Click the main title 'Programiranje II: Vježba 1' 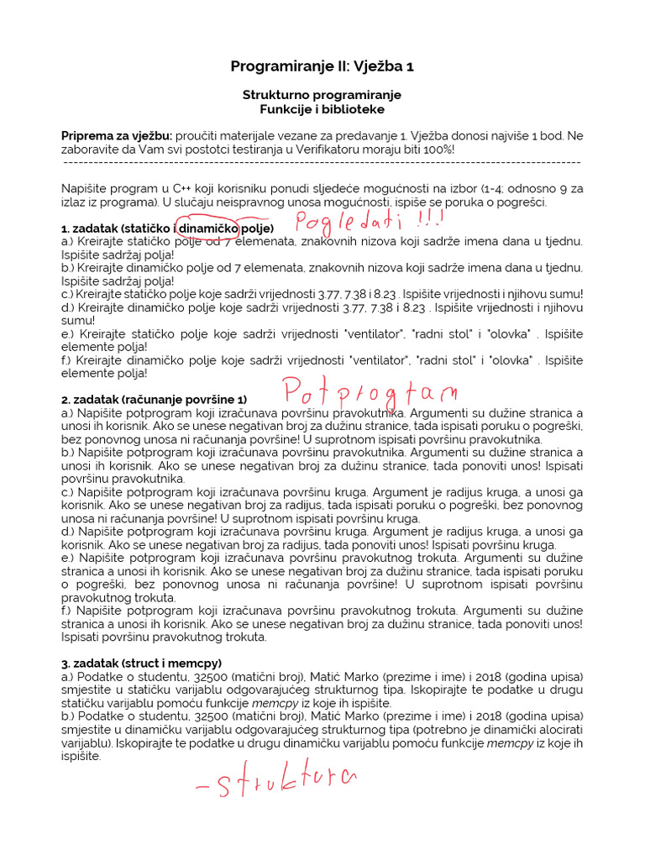(x=322, y=66)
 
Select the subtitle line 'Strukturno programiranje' (x=322, y=95)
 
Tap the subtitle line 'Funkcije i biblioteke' (x=322, y=109)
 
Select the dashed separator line (x=322, y=162)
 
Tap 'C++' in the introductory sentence (x=170, y=189)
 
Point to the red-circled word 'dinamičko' (x=207, y=228)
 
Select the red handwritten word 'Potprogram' (x=370, y=391)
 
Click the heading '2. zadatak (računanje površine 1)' (x=155, y=400)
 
